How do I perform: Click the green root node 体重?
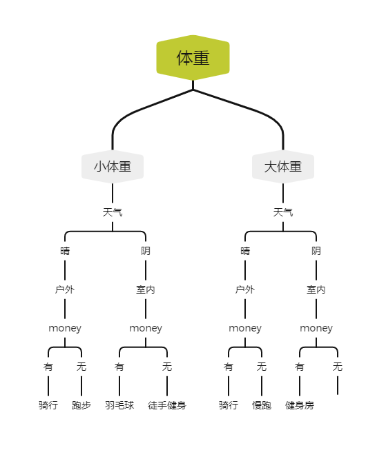193,58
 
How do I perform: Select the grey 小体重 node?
113,167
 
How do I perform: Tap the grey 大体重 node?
283,167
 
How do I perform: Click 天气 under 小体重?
113,212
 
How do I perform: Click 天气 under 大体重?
283,212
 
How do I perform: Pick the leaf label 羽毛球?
119,405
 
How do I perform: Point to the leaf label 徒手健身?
167,405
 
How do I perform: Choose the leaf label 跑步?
81,405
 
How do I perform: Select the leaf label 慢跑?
262,405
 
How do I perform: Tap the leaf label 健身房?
300,405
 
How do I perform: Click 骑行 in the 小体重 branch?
48,405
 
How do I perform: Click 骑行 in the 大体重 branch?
229,405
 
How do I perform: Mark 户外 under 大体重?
245,289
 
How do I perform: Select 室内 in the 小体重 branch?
146,289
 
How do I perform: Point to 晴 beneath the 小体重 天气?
65,251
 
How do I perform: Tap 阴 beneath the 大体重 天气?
316,251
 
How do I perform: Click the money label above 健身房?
316,328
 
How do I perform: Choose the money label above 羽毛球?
146,328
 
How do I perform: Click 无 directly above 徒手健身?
167,367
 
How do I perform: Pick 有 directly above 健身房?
300,367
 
